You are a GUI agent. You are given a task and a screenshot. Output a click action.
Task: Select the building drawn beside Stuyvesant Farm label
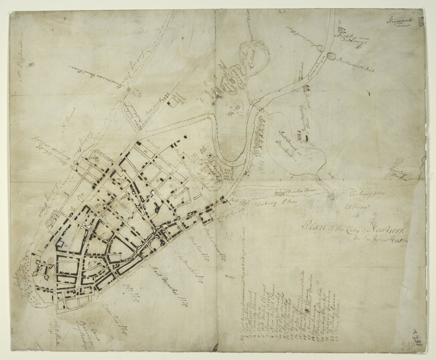(421, 22)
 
